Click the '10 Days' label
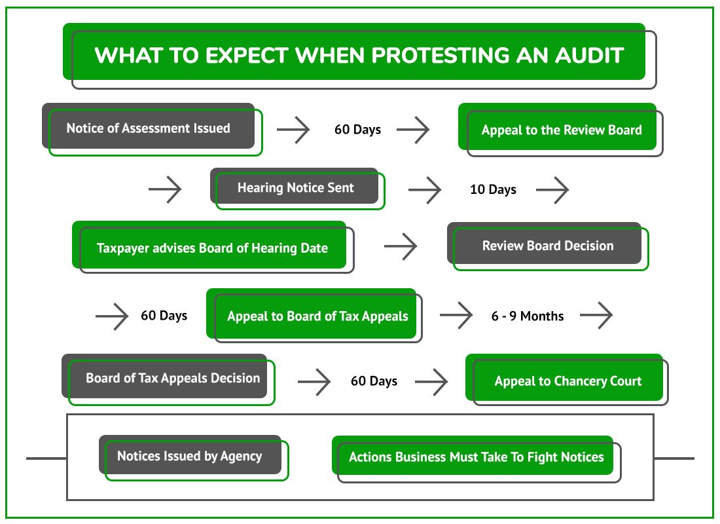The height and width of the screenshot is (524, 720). point(493,189)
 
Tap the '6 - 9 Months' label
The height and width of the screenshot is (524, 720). point(528,316)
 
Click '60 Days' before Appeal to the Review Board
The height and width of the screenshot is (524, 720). point(357,130)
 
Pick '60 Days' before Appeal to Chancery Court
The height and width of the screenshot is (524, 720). point(374,381)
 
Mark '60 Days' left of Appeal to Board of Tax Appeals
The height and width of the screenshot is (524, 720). point(164,315)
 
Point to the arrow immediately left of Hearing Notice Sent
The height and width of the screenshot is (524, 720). point(165,189)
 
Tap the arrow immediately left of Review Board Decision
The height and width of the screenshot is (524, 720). point(401,246)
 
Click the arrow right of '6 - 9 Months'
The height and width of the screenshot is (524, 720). point(596,315)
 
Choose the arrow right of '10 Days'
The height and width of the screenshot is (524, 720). point(552,189)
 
